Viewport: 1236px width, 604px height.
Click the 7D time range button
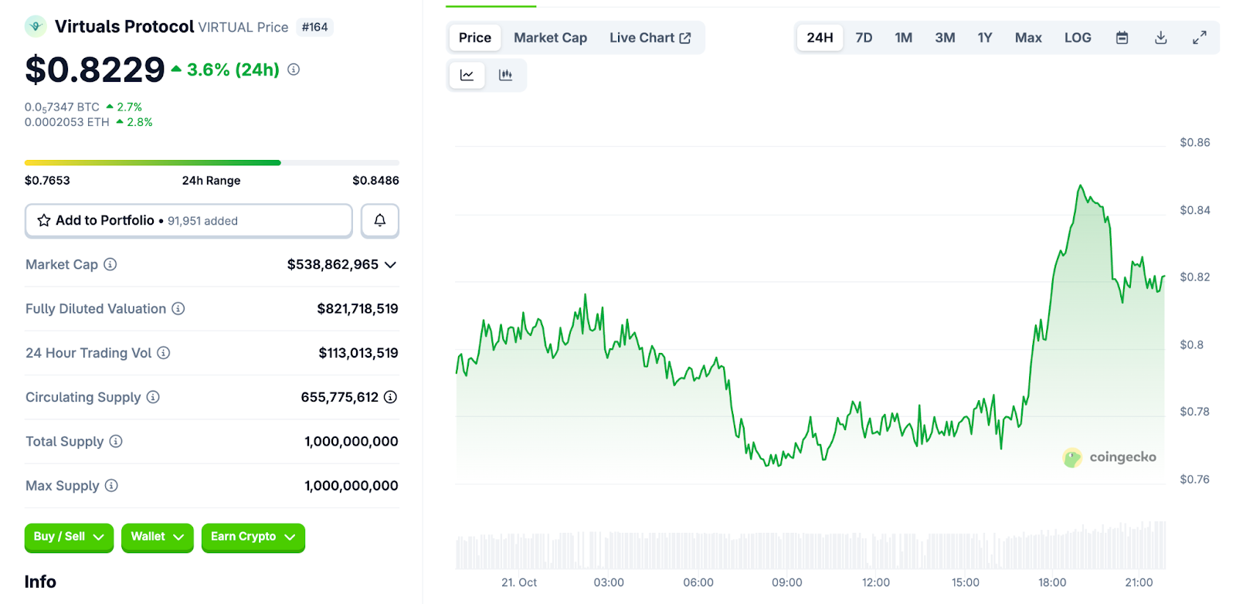click(864, 38)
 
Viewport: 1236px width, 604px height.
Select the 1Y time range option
click(984, 38)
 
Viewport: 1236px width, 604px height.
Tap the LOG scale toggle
click(1078, 38)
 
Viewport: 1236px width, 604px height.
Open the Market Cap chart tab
click(550, 38)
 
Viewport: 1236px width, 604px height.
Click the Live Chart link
click(650, 38)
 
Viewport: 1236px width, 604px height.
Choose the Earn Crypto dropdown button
click(253, 537)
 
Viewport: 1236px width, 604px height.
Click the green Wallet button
click(157, 537)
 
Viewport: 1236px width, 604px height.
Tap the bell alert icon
click(380, 220)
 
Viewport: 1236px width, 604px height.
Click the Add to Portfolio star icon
click(44, 220)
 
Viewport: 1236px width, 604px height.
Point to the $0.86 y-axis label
click(1194, 142)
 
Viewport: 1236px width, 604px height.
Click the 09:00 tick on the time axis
click(786, 582)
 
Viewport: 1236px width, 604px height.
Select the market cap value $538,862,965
click(332, 264)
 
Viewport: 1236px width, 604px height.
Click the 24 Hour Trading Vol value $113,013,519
click(358, 353)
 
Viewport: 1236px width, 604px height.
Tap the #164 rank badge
click(314, 27)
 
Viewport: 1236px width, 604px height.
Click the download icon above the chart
click(1160, 38)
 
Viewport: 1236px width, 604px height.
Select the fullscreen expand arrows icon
click(1199, 38)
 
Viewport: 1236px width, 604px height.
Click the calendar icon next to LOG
click(1122, 38)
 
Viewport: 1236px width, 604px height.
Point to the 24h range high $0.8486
click(375, 181)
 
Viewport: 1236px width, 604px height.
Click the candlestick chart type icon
click(505, 75)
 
